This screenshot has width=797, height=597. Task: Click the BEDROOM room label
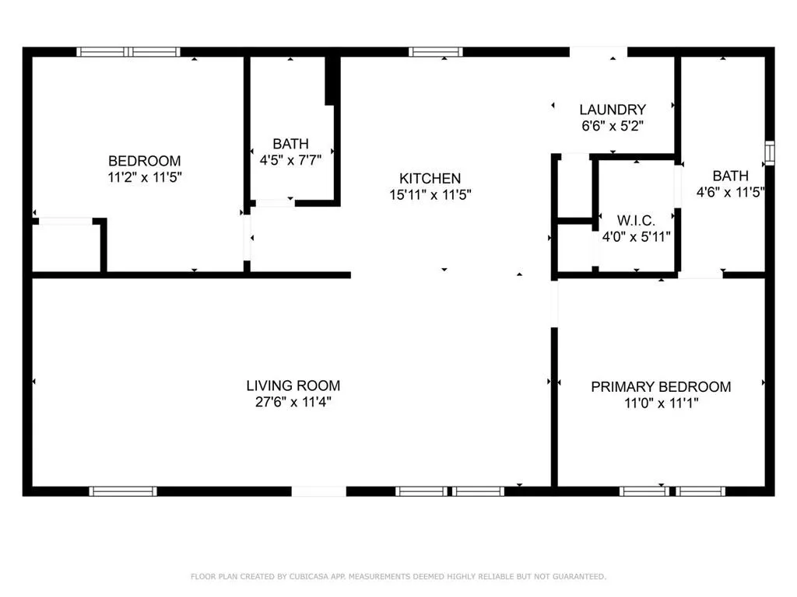144,161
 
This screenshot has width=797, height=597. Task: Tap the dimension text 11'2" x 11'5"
144,177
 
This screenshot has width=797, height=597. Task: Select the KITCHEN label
430,179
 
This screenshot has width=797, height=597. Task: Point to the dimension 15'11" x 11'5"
430,195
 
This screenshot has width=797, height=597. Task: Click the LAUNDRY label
613,110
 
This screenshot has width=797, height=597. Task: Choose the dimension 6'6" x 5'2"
613,125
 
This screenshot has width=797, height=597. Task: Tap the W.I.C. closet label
636,220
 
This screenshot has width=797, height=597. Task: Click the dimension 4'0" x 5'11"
636,236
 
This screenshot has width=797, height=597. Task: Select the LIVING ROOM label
293,386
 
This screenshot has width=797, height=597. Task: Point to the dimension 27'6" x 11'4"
293,402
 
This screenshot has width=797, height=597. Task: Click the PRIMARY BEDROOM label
661,387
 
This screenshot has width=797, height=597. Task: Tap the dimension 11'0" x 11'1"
661,403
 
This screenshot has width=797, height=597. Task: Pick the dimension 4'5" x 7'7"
290,160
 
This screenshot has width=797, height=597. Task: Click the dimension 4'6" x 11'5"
730,192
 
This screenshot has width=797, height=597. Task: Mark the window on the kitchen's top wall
436,52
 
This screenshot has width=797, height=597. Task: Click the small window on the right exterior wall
769,152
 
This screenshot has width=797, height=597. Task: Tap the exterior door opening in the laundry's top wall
599,52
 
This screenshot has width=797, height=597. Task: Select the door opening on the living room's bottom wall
318,491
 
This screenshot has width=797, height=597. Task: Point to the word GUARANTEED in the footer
577,577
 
